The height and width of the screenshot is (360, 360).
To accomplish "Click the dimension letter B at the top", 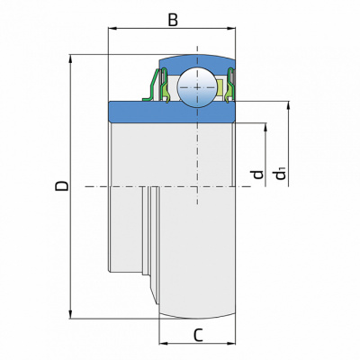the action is pyautogui.click(x=173, y=21).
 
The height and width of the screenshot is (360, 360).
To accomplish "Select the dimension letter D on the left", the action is pyautogui.click(x=62, y=186).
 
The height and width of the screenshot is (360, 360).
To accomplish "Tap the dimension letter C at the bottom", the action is pyautogui.click(x=198, y=335).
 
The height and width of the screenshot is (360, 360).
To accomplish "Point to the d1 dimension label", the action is pyautogui.click(x=281, y=174).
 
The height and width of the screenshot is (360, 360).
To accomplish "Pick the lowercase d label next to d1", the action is pyautogui.click(x=258, y=175).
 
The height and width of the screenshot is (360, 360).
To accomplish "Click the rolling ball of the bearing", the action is pyautogui.click(x=197, y=87).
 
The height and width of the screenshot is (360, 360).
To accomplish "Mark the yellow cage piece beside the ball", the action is pyautogui.click(x=220, y=87).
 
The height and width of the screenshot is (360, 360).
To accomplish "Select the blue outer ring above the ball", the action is pyautogui.click(x=197, y=62).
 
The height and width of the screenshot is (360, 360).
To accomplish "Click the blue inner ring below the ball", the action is pyautogui.click(x=172, y=112).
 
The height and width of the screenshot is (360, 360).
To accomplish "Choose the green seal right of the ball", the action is pyautogui.click(x=229, y=85).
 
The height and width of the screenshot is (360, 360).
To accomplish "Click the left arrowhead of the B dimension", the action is pyautogui.click(x=112, y=29).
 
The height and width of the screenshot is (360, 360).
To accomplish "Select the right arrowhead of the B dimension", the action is pyautogui.click(x=232, y=29).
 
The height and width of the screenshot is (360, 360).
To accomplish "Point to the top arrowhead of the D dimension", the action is pyautogui.click(x=71, y=58).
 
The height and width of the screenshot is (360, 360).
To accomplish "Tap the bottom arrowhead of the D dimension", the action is pyautogui.click(x=71, y=314).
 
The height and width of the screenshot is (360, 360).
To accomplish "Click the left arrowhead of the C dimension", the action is pyautogui.click(x=163, y=343).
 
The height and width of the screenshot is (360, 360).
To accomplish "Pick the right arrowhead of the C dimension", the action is pyautogui.click(x=232, y=343).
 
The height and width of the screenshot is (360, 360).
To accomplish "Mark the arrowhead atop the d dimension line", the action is pyautogui.click(x=265, y=127).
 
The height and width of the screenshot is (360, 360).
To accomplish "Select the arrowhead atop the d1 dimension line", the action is pyautogui.click(x=289, y=105).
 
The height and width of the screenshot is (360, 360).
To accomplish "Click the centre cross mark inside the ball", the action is pyautogui.click(x=197, y=87).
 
